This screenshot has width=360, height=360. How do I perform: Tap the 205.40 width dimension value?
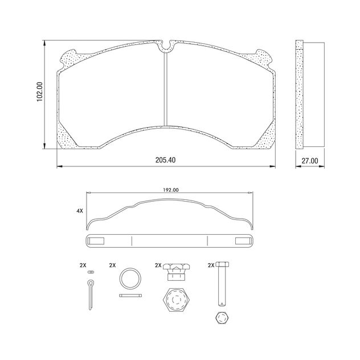click(x=165, y=160)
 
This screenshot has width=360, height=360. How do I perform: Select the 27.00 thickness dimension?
click(x=309, y=161)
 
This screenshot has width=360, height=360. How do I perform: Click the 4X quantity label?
click(x=80, y=211)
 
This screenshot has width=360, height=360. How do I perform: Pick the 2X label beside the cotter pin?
click(x=83, y=265)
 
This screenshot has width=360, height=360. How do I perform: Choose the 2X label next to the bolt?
click(x=211, y=265)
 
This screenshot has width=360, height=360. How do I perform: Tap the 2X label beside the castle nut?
click(x=158, y=265)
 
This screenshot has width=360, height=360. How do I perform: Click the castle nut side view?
click(x=175, y=273)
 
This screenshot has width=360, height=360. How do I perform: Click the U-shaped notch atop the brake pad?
click(x=166, y=44)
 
